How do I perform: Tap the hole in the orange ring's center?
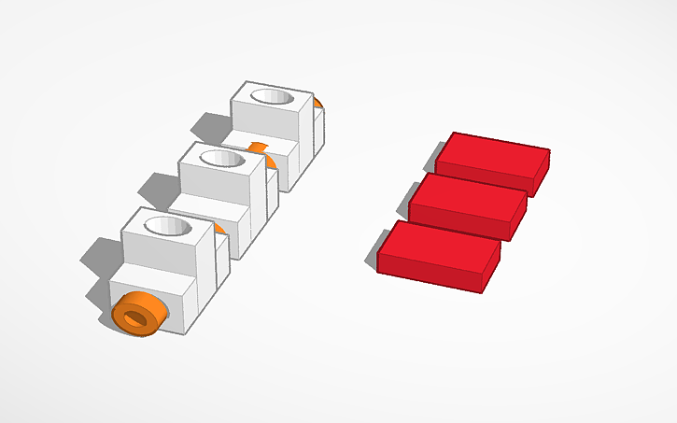tap(137, 317)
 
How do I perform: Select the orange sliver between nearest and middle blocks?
tap(218, 228)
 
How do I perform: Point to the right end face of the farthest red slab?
tap(542, 174)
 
